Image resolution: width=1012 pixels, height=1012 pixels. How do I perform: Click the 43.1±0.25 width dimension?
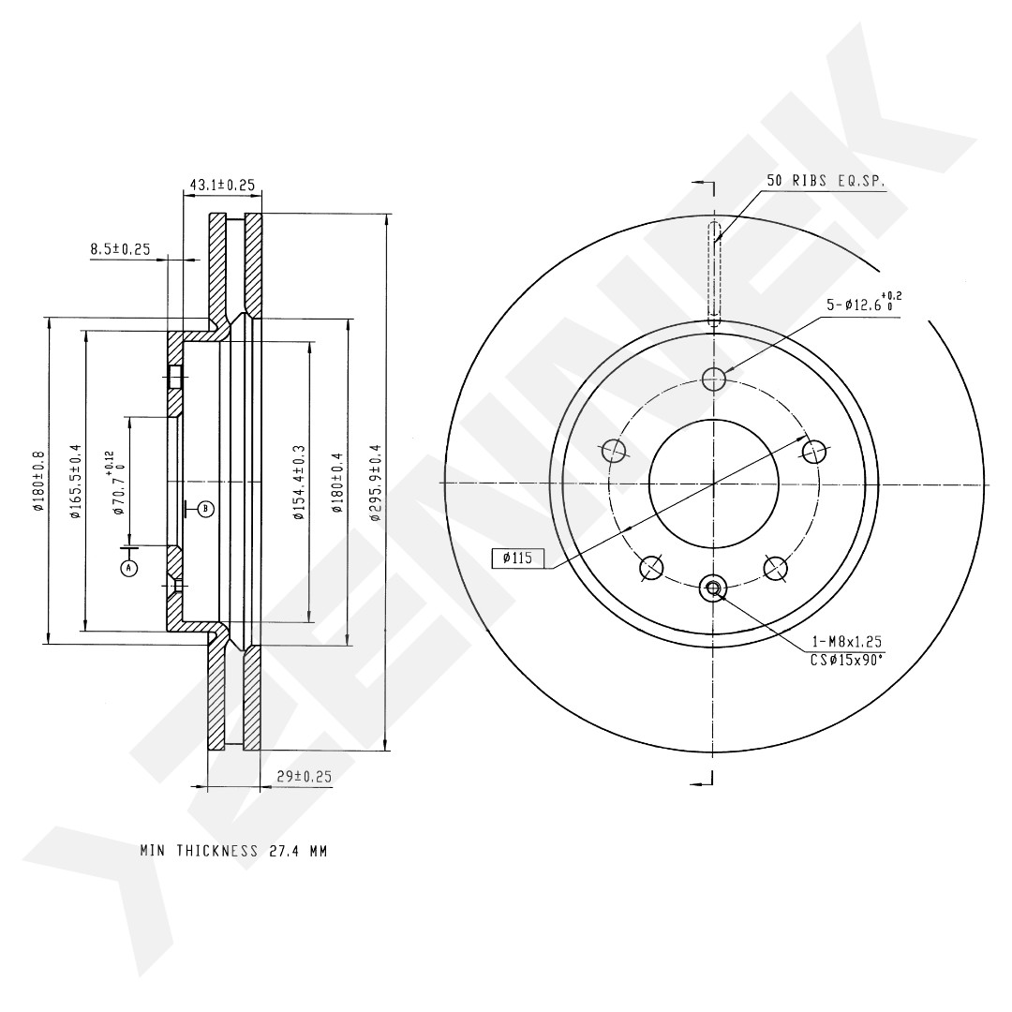point(221,185)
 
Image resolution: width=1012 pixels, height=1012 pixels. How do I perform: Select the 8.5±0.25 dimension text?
point(120,248)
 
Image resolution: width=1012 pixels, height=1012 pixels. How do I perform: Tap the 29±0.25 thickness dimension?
point(304,777)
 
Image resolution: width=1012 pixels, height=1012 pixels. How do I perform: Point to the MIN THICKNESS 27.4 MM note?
point(233,851)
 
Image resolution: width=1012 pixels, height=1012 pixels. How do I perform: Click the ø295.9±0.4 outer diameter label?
point(374,482)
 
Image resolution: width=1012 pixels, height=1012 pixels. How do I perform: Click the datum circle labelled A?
point(129,568)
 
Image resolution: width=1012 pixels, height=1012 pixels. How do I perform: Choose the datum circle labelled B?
point(206,509)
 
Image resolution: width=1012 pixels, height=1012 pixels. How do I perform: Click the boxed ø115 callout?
point(517,558)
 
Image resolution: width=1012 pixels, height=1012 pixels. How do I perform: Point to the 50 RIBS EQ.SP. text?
point(826,181)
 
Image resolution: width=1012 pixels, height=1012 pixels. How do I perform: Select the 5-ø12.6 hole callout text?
point(864,303)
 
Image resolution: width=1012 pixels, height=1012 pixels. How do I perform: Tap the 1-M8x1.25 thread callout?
point(846,642)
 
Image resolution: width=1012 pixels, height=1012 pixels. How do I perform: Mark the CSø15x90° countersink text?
point(846,660)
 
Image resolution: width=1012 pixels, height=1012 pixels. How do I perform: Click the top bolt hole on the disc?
point(713,379)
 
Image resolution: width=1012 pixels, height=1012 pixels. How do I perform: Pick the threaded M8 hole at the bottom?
point(713,588)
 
